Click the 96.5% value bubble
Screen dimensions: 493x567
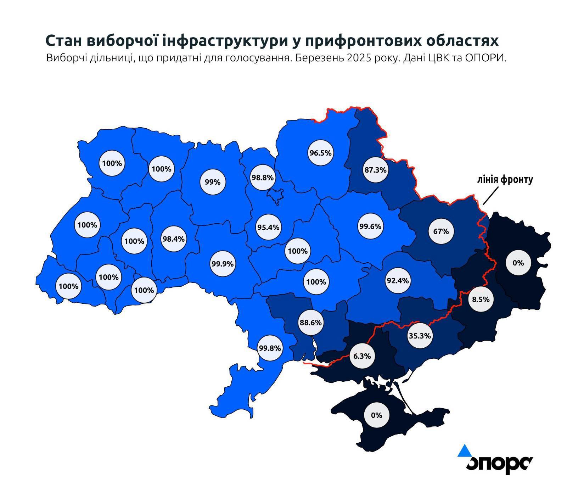point(320,153)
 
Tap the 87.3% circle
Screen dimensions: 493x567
point(376,170)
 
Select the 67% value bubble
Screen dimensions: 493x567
point(441,231)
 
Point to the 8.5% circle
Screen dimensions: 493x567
point(481,299)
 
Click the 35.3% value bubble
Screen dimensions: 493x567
point(420,335)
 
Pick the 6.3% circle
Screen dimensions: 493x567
point(362,355)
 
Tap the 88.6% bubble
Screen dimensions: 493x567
point(310,323)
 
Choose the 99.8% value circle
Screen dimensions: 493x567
point(270,348)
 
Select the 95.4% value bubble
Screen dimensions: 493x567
point(268,227)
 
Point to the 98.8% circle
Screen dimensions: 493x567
point(262,177)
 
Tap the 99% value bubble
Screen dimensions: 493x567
point(213,182)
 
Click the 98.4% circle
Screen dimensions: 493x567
point(173,239)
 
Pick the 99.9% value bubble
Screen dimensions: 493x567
point(222,264)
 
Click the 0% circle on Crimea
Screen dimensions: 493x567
point(376,415)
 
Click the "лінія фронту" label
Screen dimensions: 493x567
point(505,180)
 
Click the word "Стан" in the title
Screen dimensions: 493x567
point(63,41)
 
